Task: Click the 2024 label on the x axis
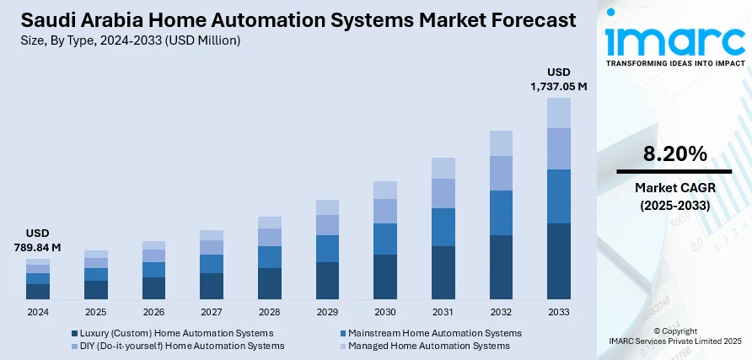(x=38, y=312)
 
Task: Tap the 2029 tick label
(x=327, y=312)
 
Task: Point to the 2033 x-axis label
(x=559, y=312)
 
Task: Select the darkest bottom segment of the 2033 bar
(x=559, y=261)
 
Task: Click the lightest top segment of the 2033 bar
(x=559, y=113)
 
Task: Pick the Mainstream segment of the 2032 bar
(x=501, y=212)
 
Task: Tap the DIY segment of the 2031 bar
(x=443, y=193)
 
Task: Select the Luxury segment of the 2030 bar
(x=385, y=277)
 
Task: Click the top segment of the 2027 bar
(x=212, y=235)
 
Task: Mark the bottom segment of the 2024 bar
(x=38, y=291)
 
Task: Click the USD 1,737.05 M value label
(x=559, y=78)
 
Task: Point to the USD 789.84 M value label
(x=38, y=240)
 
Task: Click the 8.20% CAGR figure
(x=674, y=154)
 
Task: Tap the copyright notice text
(x=674, y=336)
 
